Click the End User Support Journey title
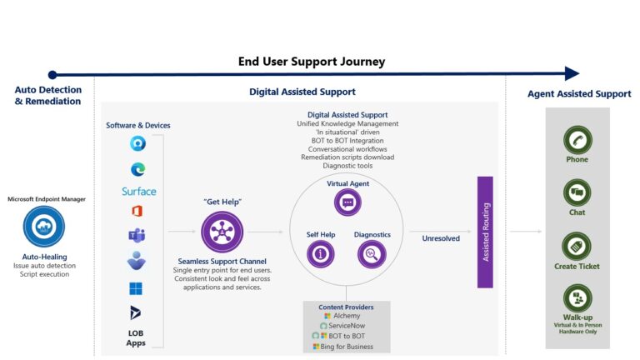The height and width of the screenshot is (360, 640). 311,62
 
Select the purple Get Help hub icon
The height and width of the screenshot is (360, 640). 222,232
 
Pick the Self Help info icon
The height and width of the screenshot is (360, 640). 321,254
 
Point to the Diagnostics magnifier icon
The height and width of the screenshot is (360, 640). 372,254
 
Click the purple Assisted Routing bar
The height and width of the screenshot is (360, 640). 484,232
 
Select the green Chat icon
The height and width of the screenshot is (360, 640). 577,192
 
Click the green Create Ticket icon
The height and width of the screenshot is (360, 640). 577,247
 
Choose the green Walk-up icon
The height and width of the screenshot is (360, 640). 577,298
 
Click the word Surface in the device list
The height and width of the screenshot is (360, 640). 138,191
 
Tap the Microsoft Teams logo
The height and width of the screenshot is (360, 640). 137,235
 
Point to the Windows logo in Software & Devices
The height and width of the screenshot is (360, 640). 137,287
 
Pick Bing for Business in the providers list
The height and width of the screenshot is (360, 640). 347,346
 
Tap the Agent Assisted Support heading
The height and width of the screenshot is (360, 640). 578,94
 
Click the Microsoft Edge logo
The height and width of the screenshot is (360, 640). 137,168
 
